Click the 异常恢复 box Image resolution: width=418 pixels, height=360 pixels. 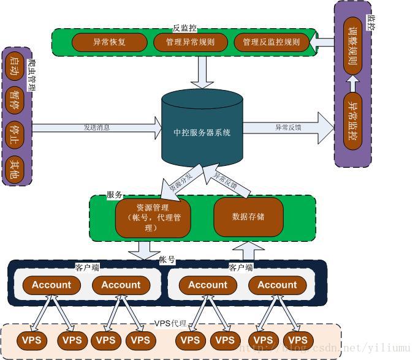[109, 42]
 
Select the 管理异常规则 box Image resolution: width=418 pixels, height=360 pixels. [190, 42]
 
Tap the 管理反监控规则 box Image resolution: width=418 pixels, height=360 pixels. [271, 42]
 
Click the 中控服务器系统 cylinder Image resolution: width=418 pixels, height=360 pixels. [202, 132]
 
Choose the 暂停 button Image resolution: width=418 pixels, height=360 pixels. [14, 100]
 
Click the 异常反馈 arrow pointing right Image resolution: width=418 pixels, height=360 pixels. [288, 127]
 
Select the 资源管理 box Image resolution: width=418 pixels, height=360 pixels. [152, 217]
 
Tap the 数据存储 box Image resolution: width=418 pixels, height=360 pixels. [248, 217]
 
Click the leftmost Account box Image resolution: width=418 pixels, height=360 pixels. [51, 285]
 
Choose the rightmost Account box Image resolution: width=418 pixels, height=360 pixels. [277, 285]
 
